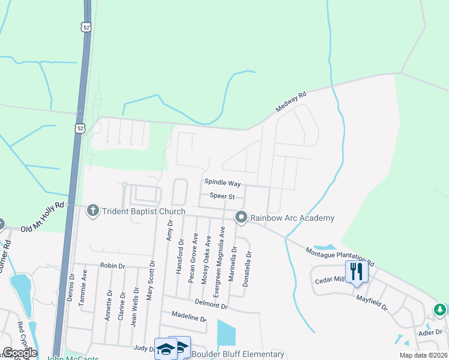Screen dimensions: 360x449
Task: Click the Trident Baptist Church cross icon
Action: [x=92, y=211]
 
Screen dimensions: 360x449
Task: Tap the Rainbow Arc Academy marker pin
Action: [x=241, y=217]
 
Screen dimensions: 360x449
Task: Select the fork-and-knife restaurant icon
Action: [x=357, y=271]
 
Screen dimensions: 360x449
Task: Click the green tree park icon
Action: [x=440, y=310]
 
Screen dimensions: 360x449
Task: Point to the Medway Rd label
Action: [x=291, y=102]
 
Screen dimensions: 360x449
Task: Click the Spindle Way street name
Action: [x=222, y=182]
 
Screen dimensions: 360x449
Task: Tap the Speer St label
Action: [x=221, y=196]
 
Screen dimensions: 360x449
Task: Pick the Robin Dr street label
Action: [x=112, y=265]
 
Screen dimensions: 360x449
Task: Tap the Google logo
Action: [x=19, y=353]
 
